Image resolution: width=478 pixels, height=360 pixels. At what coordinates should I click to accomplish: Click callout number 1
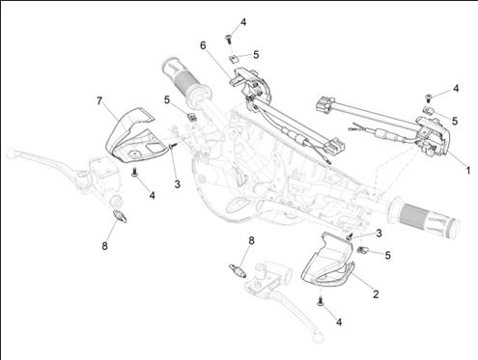pos(468,170)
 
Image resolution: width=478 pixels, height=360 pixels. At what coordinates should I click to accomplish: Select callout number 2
pos(376,294)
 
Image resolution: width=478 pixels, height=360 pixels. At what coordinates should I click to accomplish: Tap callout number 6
pos(203,45)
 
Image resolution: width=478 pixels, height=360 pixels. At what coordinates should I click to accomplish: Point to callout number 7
pos(99,101)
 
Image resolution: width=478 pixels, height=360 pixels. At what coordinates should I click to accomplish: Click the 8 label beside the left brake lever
pos(104,246)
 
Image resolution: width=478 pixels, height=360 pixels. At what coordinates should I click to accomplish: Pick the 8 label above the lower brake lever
pos(251,240)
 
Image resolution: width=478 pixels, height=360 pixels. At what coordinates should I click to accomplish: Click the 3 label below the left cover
pos(177,184)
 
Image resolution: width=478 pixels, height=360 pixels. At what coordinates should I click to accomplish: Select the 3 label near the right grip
pos(379,233)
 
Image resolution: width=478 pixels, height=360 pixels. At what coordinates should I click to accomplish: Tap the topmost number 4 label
pos(243,22)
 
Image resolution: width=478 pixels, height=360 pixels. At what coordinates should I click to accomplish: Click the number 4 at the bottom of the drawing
pos(339,321)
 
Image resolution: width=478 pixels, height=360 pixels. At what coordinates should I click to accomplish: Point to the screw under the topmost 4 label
pos(228,39)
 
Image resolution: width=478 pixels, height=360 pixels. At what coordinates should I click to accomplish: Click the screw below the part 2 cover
pos(321,301)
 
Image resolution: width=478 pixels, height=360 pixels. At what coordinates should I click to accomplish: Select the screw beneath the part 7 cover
pos(134,172)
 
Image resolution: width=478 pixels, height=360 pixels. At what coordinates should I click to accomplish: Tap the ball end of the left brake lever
pos(11,153)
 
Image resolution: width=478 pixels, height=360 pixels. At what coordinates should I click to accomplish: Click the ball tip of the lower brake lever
pos(318,337)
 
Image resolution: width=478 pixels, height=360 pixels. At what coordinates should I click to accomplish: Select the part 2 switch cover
pos(328,260)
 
